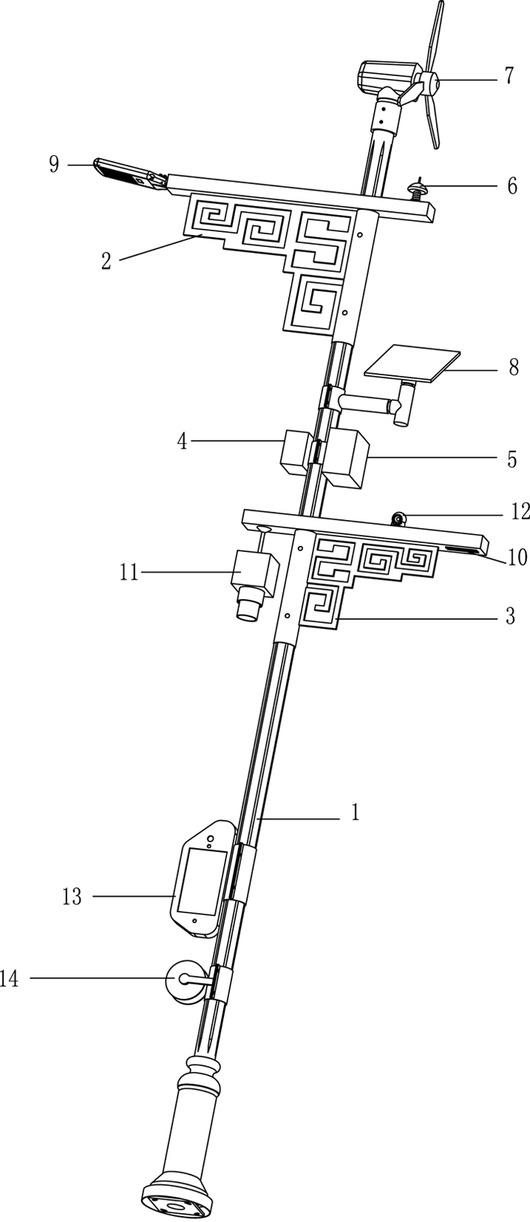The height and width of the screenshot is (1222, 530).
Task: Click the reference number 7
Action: point(509,76)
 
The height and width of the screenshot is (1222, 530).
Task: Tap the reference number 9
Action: point(54,164)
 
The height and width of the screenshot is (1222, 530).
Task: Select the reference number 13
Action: point(72,897)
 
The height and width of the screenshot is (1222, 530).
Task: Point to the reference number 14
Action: point(10,978)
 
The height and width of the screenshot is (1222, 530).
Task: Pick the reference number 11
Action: point(130,572)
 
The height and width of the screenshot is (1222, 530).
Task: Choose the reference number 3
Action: point(511,617)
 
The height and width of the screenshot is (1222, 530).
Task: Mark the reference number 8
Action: point(513,368)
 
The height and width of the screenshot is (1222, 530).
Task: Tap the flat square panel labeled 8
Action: point(411,363)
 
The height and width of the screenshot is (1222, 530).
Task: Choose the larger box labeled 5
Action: point(346,458)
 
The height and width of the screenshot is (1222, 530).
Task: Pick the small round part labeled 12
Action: point(399,518)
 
